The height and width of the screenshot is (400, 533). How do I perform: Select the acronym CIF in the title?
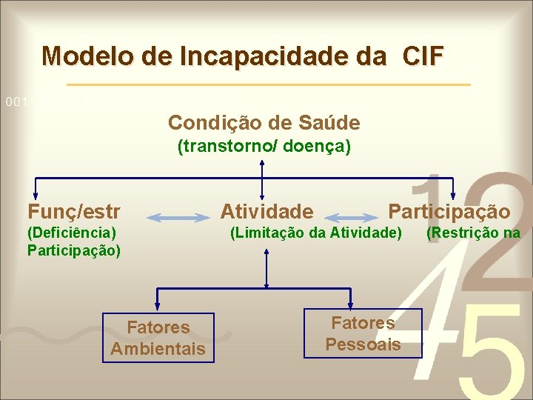pos(423,56)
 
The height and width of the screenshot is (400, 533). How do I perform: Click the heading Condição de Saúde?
pos(264,122)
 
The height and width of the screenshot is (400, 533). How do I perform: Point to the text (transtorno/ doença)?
pos(264,147)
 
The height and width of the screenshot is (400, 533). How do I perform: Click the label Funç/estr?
pos(74,212)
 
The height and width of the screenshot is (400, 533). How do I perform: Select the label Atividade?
pos(266,212)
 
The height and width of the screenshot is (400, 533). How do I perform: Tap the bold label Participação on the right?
pos(449,212)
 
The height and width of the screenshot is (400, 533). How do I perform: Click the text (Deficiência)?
pos(72,234)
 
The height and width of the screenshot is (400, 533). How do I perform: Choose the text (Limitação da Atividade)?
pos(316,234)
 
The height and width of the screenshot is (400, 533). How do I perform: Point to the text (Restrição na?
pos(473,234)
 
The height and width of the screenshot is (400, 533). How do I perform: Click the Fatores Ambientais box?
pos(158,338)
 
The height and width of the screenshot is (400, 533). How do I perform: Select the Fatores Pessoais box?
pos(363,333)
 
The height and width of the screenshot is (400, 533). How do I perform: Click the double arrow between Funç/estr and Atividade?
pos(179,218)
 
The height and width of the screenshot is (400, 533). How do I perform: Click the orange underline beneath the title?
pos(266,84)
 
